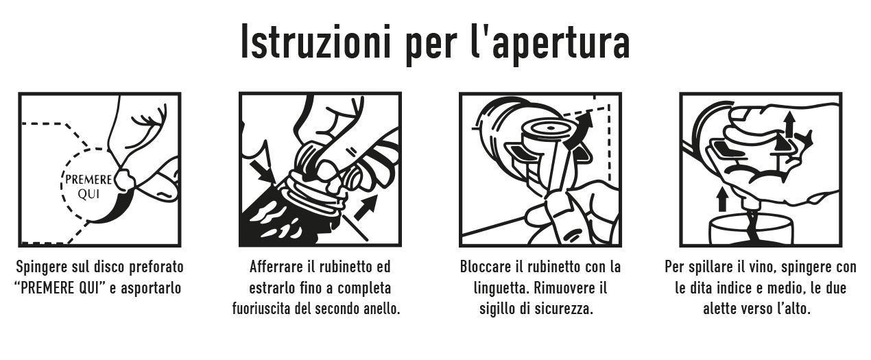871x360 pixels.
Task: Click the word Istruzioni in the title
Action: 315,41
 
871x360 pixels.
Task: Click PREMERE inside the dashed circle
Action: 88,180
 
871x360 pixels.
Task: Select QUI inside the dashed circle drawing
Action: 88,194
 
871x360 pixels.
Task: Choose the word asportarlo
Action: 151,289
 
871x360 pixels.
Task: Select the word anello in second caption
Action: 381,309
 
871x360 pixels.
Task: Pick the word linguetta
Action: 501,289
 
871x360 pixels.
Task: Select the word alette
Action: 719,309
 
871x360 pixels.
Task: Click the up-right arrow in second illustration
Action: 366,208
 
